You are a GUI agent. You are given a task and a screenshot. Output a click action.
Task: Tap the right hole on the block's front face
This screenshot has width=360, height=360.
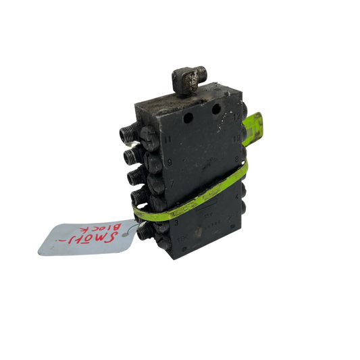217,108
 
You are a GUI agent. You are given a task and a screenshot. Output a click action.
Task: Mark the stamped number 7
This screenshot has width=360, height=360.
172,182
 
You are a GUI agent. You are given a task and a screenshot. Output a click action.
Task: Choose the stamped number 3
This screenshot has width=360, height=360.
174,220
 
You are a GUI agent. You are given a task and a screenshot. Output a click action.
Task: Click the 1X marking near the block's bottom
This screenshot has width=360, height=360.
181,238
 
